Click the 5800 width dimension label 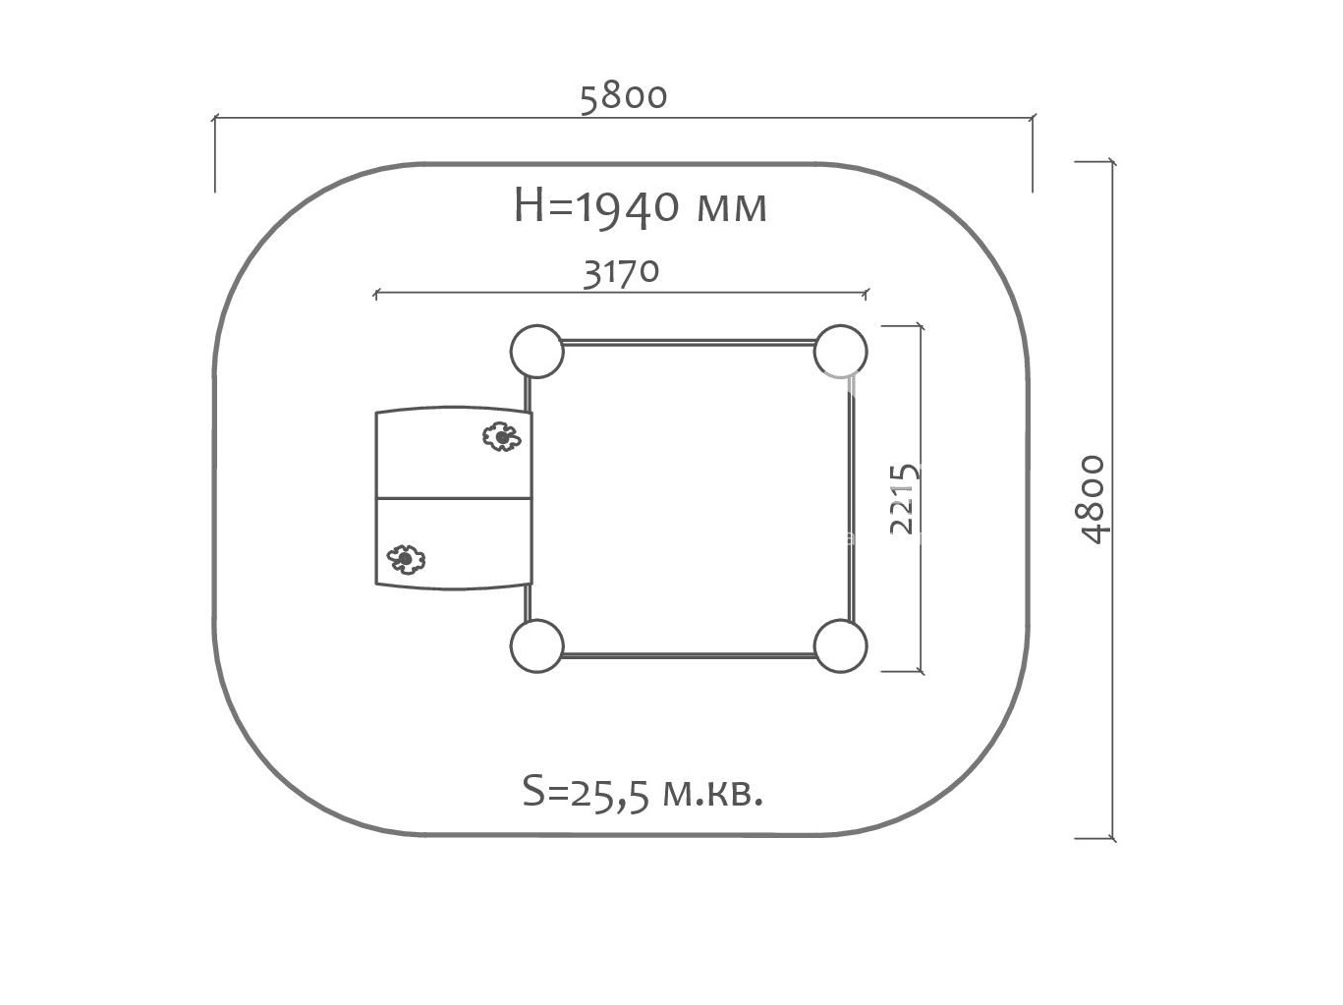[x=624, y=98]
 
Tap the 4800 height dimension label [x=1093, y=499]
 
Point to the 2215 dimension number [x=904, y=499]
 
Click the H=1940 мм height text [x=640, y=207]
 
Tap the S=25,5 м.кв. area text [x=644, y=793]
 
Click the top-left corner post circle [x=536, y=351]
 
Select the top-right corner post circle [x=841, y=351]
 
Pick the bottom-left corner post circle [x=536, y=646]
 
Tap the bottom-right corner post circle [x=841, y=646]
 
